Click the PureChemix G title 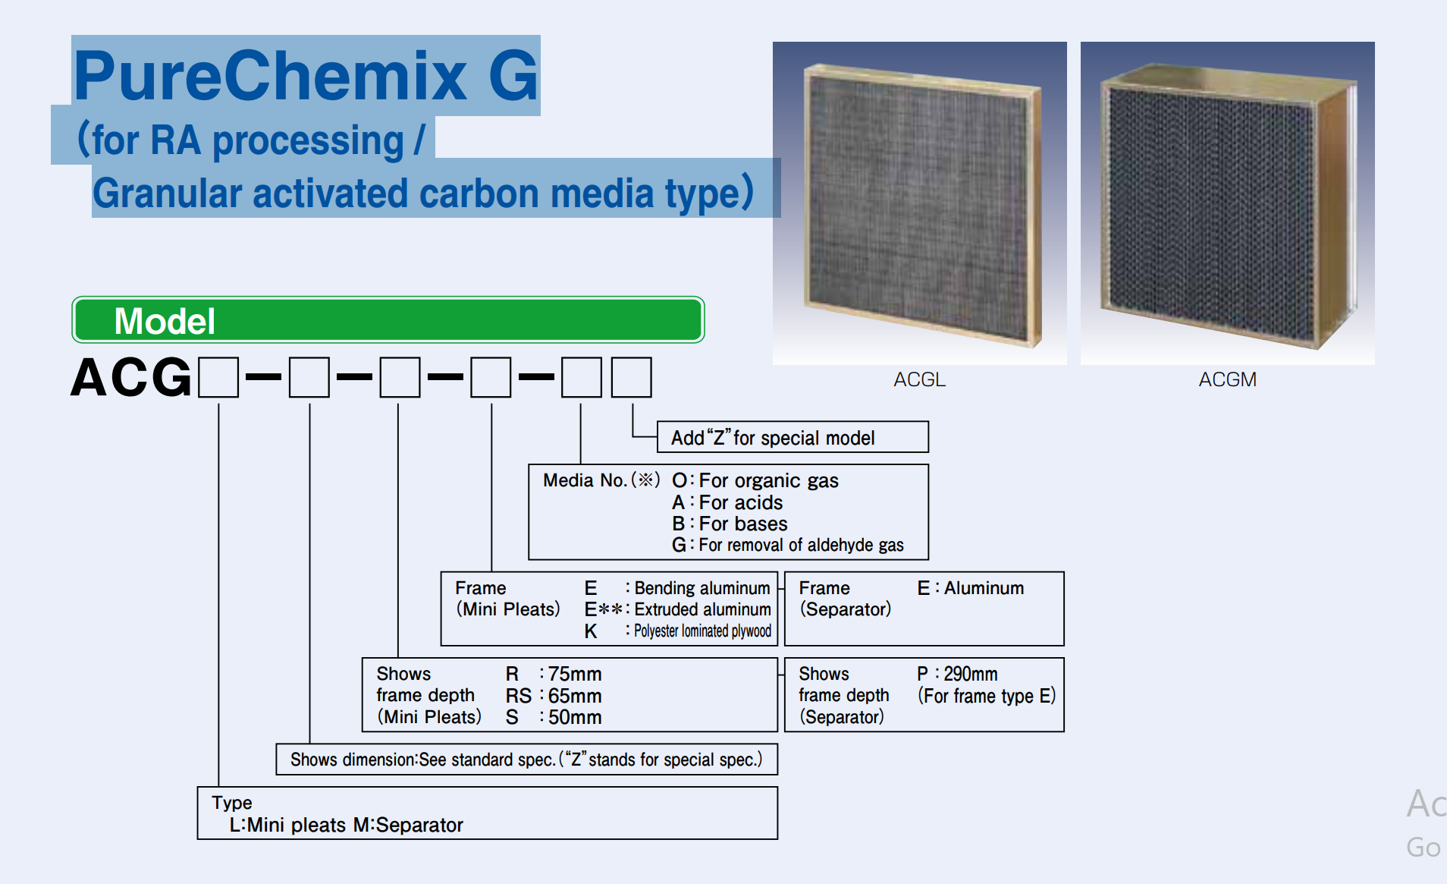tap(306, 75)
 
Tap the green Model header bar tap(388, 319)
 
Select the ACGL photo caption tap(919, 379)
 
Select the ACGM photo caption tap(1227, 379)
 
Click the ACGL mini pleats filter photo tap(919, 203)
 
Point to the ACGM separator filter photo tap(1227, 203)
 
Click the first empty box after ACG tap(218, 377)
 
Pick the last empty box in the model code tap(631, 377)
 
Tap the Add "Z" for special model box tap(793, 437)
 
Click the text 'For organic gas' tap(768, 480)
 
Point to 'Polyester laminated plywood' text tap(702, 631)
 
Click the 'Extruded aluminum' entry tap(702, 609)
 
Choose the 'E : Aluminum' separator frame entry tap(970, 588)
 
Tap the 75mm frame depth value tap(575, 674)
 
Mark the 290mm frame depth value tap(970, 674)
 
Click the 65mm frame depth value tap(575, 696)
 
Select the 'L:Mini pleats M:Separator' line tap(346, 825)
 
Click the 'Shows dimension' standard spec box tap(526, 759)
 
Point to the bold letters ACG tap(131, 377)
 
